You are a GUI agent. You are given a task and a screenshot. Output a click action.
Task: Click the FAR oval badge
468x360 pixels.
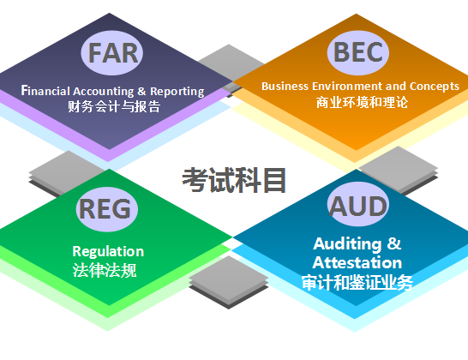click(112, 53)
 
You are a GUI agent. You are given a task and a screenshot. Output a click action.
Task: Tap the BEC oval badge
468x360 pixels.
click(358, 52)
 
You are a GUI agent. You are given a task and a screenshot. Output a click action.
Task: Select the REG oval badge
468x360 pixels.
click(106, 209)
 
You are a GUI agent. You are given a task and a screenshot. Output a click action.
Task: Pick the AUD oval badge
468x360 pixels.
click(358, 205)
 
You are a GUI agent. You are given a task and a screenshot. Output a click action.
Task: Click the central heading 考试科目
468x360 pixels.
click(234, 180)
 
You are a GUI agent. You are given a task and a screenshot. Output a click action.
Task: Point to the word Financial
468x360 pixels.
click(45, 91)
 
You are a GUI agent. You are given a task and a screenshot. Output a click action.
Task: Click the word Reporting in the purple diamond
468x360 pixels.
click(177, 92)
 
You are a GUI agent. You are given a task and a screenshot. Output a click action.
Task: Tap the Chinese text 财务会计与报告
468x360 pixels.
click(114, 106)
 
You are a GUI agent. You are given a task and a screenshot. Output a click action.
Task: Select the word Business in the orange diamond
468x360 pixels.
click(285, 86)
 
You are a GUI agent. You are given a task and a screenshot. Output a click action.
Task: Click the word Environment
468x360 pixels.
click(347, 86)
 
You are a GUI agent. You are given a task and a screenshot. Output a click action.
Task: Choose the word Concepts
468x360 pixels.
click(435, 87)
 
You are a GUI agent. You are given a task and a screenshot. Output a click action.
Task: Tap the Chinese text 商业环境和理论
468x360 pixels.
click(362, 102)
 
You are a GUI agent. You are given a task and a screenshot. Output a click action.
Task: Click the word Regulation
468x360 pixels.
click(108, 251)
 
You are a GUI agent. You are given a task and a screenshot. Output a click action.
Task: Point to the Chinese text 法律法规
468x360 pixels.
click(105, 271)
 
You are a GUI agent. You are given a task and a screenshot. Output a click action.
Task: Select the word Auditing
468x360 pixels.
click(347, 244)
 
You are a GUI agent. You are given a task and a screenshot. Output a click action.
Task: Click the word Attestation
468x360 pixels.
click(357, 262)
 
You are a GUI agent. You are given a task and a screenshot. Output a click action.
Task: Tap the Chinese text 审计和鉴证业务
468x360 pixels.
click(357, 282)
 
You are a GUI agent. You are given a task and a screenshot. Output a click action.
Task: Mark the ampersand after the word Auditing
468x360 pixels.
click(394, 243)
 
